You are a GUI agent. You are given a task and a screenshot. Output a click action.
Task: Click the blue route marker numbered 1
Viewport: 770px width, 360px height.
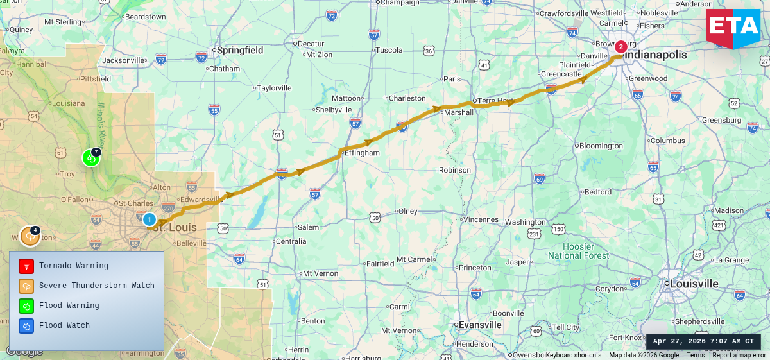point(149,219)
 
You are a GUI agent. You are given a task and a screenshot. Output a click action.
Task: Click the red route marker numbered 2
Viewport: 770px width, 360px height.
point(620,47)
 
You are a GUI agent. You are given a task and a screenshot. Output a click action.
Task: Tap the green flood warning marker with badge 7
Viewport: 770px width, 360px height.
point(91,157)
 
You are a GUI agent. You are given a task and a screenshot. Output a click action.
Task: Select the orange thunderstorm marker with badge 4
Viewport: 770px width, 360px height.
point(30,236)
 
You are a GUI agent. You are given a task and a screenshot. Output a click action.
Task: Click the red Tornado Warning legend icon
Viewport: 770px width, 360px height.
point(26,266)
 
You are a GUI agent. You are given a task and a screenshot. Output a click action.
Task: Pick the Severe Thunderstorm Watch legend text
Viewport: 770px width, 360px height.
point(96,286)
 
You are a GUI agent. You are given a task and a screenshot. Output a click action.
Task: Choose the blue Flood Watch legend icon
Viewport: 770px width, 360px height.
point(26,325)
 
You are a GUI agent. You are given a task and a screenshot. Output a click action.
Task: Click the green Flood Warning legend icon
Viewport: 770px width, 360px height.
point(26,305)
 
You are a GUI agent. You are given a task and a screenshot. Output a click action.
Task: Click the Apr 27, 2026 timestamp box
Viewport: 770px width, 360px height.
point(703,341)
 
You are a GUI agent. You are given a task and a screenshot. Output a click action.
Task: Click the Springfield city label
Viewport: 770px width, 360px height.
point(240,50)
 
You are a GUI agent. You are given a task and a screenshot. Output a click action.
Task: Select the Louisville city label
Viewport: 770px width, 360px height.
point(694,284)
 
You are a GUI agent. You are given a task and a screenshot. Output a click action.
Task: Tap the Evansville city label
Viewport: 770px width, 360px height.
point(479,325)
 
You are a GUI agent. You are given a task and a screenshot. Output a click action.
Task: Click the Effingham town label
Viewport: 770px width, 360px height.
point(362,153)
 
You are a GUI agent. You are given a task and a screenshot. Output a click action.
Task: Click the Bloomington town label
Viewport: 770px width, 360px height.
point(601,146)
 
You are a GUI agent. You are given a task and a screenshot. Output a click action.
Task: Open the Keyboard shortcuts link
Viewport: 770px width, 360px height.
point(573,356)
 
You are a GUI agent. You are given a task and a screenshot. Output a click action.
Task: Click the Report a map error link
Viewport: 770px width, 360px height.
point(739,356)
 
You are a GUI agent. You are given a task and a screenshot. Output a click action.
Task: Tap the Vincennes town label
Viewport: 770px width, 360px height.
point(481,219)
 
